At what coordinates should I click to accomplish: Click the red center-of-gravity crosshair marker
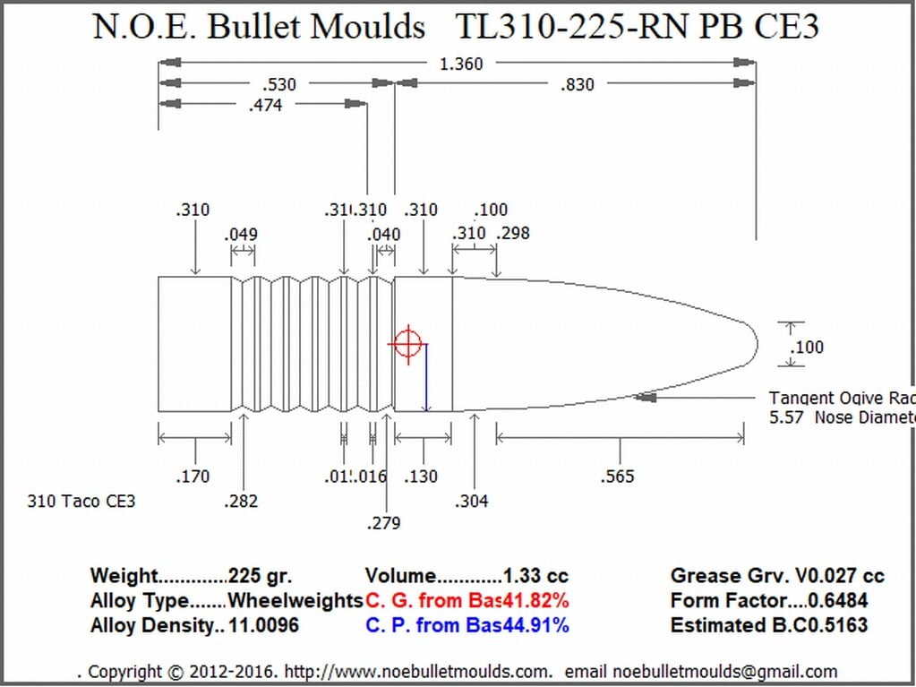tap(407, 343)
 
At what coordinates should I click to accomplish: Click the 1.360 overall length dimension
tap(461, 64)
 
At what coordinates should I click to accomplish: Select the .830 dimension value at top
tap(577, 85)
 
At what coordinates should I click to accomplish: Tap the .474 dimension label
tap(265, 106)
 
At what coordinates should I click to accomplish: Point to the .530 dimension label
tap(279, 85)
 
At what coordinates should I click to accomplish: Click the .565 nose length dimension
tap(617, 477)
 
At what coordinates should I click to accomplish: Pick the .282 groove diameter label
tap(241, 502)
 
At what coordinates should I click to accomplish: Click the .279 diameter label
tap(383, 523)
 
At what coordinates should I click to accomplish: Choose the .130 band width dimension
tap(420, 477)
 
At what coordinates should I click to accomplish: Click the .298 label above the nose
tap(512, 234)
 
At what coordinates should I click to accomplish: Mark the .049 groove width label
tap(241, 235)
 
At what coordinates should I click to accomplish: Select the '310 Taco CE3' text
tap(81, 502)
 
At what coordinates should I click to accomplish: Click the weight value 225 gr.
tap(260, 577)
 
